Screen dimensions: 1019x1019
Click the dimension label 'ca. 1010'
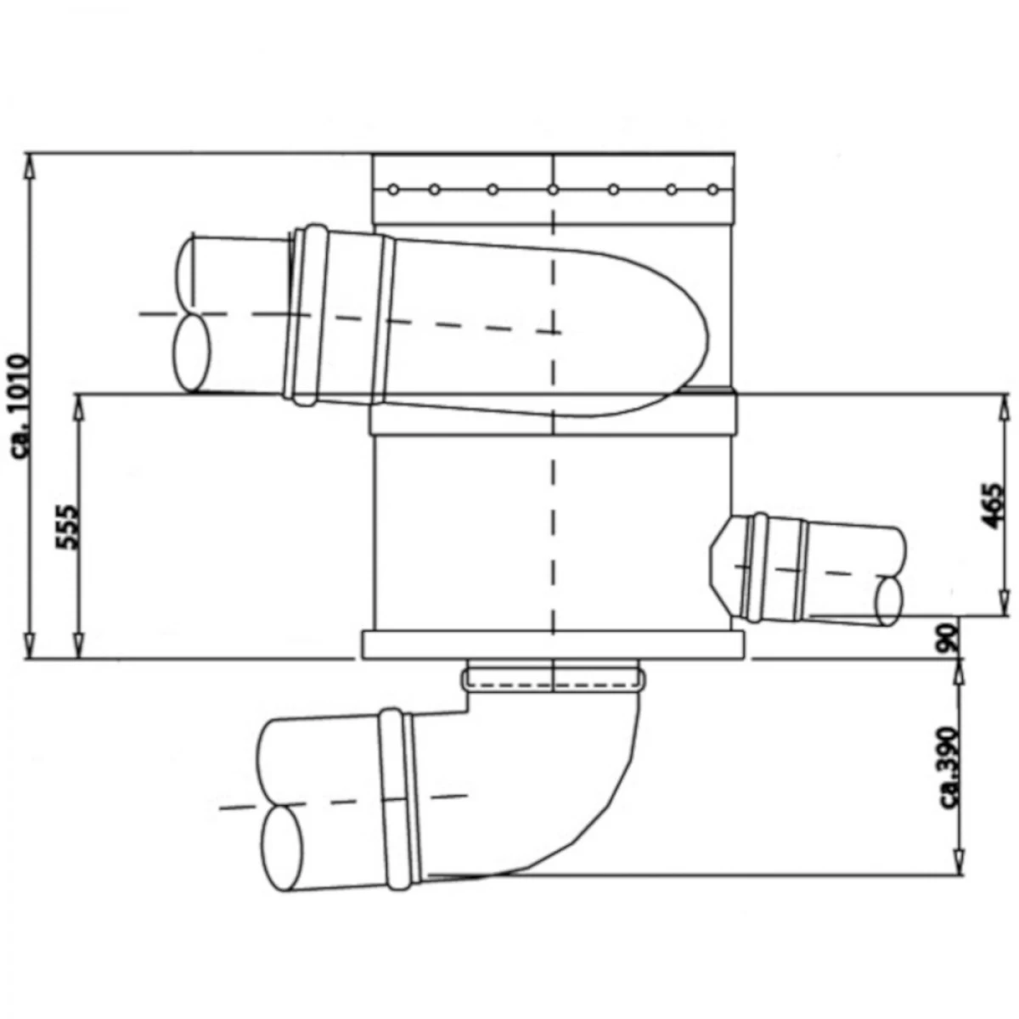point(22,408)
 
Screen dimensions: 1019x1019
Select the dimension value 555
point(69,527)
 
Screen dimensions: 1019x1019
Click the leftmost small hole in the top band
point(393,189)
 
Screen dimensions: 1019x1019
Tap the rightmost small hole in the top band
point(712,189)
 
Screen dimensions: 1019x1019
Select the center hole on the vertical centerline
point(553,189)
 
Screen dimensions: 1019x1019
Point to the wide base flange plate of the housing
point(553,645)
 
